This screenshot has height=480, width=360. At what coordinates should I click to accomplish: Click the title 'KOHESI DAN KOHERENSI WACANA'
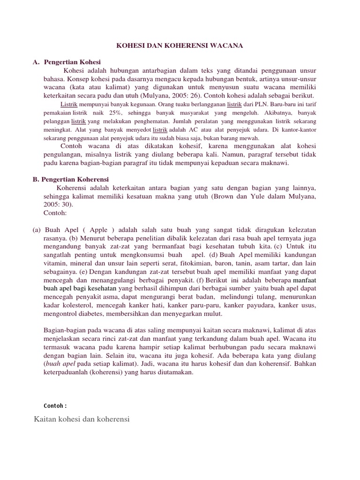180,46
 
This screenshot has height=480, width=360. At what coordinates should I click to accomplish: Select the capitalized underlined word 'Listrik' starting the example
69,104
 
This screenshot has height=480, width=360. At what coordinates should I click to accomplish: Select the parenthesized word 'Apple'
98,230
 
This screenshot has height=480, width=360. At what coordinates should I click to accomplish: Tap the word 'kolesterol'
62,306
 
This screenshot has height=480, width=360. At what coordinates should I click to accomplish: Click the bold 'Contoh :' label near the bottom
55,405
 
